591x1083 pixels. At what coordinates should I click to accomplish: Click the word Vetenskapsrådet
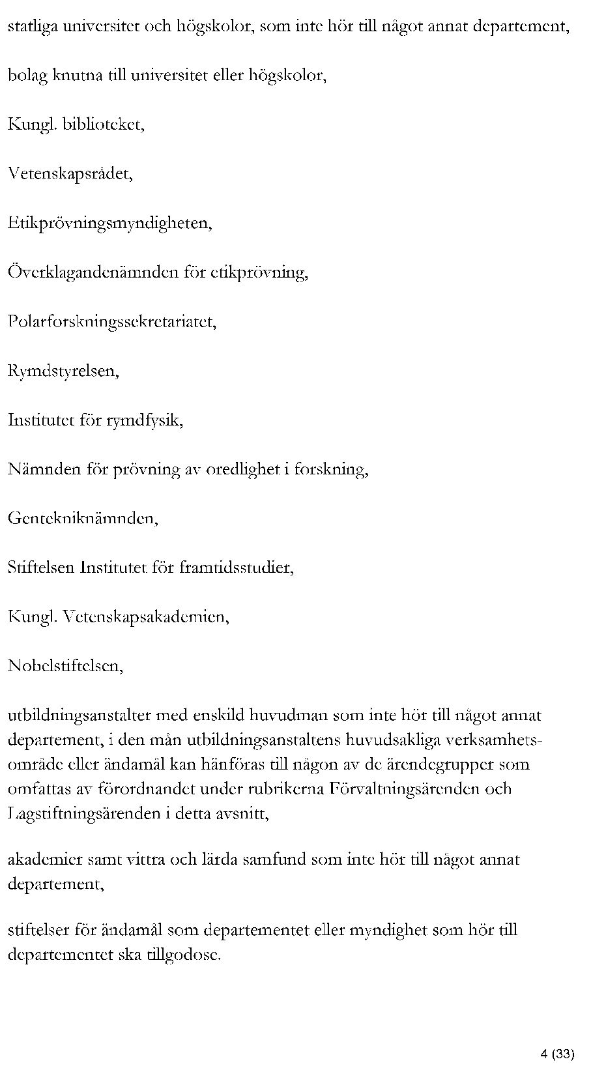click(x=70, y=173)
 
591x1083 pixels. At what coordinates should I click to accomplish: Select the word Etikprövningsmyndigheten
click(x=109, y=224)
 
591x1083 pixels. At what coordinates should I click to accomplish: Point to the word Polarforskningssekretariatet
click(x=111, y=322)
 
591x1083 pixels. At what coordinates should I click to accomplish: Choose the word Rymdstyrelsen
click(x=63, y=371)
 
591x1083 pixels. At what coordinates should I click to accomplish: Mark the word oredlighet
click(x=243, y=469)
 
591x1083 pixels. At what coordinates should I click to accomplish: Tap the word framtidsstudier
click(x=240, y=568)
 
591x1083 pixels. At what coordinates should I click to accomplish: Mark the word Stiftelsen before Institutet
click(x=41, y=568)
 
